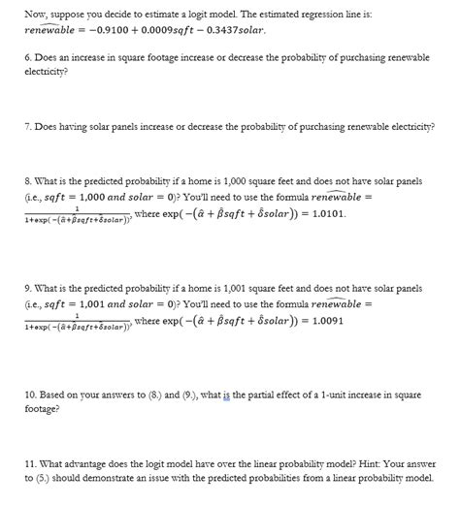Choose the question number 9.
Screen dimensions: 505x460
(x=27, y=289)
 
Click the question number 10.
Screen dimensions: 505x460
(x=30, y=396)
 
